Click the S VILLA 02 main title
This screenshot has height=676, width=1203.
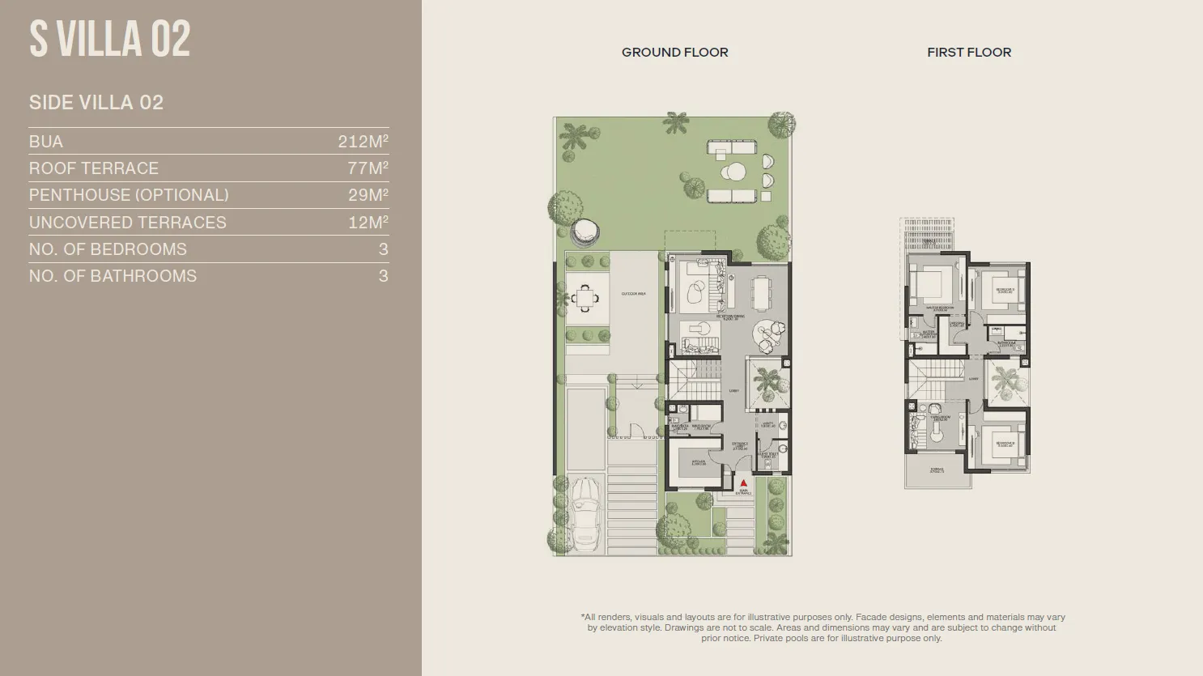pyautogui.click(x=110, y=39)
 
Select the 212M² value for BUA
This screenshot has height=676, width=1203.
pyautogui.click(x=363, y=142)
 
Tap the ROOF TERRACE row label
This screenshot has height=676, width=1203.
pyautogui.click(x=94, y=168)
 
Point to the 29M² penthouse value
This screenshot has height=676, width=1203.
pyautogui.click(x=368, y=195)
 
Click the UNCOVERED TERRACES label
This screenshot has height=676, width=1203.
pyautogui.click(x=128, y=223)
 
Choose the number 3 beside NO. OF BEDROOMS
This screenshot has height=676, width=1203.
pyautogui.click(x=383, y=249)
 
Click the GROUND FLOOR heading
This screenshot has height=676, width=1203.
pyautogui.click(x=674, y=53)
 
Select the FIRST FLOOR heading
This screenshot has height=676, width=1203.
pyautogui.click(x=969, y=53)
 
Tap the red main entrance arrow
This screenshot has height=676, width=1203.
pyautogui.click(x=743, y=483)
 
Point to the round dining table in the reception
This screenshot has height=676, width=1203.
pyautogui.click(x=767, y=333)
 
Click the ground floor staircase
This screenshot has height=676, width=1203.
pyautogui.click(x=694, y=380)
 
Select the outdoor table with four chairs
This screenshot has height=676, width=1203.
pyautogui.click(x=587, y=299)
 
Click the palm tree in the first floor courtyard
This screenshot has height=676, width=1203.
pyautogui.click(x=1005, y=382)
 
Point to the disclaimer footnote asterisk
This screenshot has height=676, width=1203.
pyautogui.click(x=583, y=617)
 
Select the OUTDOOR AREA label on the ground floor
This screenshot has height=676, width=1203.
pyautogui.click(x=633, y=294)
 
